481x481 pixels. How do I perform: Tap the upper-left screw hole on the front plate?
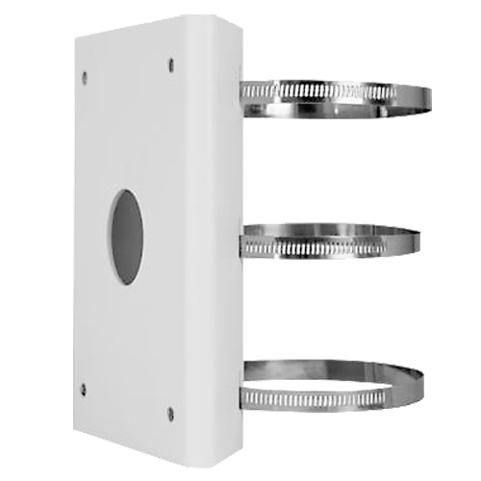(x=83, y=76)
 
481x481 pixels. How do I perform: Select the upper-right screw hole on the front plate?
(x=171, y=64)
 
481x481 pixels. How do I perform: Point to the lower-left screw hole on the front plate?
(x=83, y=389)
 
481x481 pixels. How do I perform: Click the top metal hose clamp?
(x=332, y=96)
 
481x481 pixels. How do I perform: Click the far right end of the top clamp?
(x=427, y=96)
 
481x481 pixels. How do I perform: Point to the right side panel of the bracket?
(x=217, y=240)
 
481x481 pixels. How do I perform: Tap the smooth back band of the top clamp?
(x=337, y=86)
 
